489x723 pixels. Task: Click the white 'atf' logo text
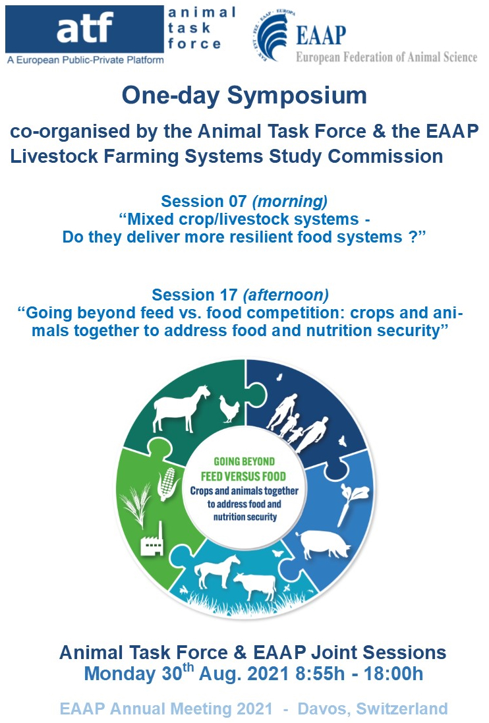click(85, 27)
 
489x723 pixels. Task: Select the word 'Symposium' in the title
click(297, 96)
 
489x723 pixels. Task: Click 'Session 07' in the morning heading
click(204, 201)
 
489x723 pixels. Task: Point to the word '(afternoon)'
click(286, 295)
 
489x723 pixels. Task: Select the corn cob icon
click(167, 484)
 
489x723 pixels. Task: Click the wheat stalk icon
click(136, 504)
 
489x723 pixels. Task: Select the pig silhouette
click(323, 544)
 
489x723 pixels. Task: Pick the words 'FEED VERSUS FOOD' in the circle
click(243, 477)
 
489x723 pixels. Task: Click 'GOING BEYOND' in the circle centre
click(244, 461)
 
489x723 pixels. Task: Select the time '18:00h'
click(393, 674)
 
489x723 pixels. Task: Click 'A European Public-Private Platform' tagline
click(85, 60)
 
